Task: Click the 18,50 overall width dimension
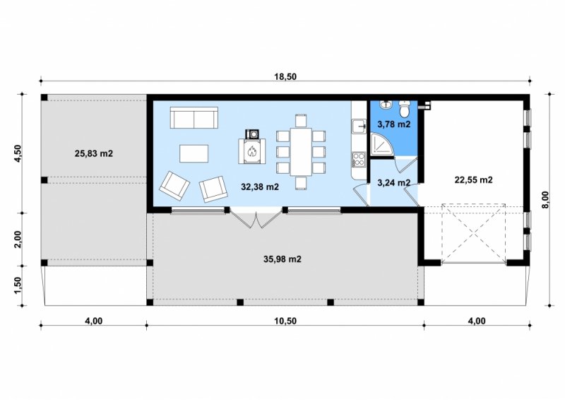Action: pos(285,76)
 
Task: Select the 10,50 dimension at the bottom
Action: pos(285,321)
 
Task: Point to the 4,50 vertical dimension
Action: pos(18,153)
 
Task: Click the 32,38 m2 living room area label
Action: pos(260,187)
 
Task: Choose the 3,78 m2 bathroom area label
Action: pos(394,125)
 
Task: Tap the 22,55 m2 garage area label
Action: pos(473,180)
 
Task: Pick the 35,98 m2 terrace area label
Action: pos(282,259)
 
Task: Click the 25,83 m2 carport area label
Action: pos(94,153)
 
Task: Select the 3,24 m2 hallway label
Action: pos(394,183)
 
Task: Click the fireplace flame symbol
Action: pos(251,151)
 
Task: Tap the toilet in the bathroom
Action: pos(405,109)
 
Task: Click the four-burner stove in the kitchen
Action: pos(359,160)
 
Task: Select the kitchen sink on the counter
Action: pos(359,127)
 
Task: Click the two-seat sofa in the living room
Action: pos(194,117)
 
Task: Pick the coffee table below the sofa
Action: pos(194,153)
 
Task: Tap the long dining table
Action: pos(301,152)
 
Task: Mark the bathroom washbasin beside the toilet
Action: pos(386,105)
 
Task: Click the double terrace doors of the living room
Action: pos(256,218)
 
